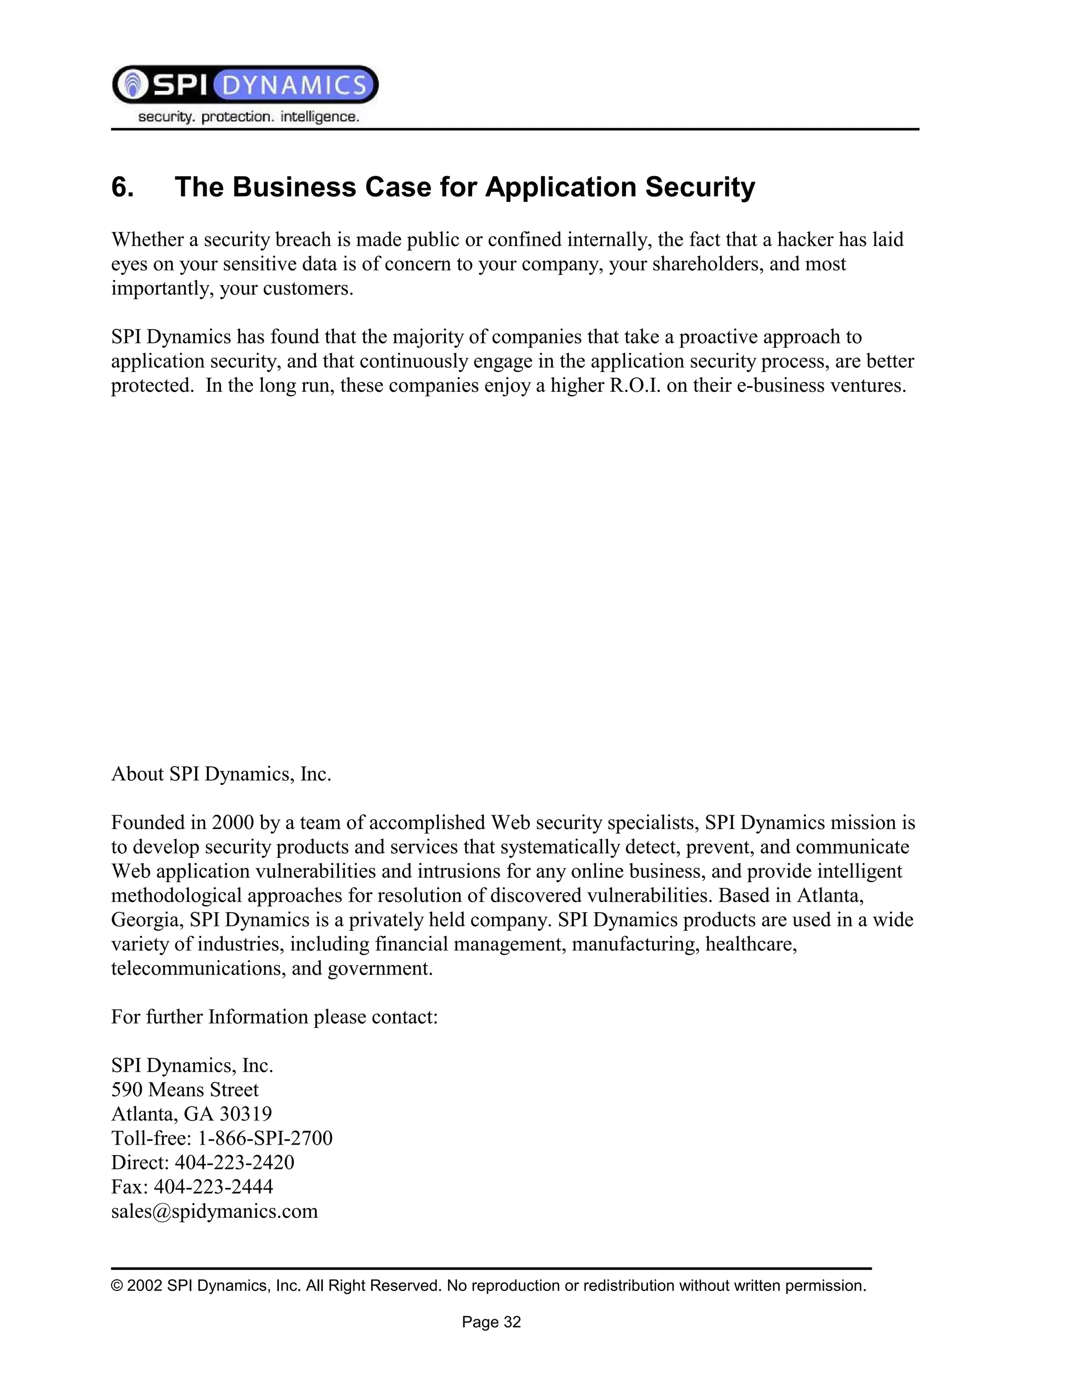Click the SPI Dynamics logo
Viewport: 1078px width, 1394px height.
tap(245, 84)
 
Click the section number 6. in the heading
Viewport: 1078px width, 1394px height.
tap(123, 187)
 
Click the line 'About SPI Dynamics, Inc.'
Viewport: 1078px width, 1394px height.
tap(221, 774)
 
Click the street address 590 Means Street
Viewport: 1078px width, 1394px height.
tap(185, 1089)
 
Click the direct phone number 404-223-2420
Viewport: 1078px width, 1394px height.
tap(234, 1163)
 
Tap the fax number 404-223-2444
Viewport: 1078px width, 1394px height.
tap(213, 1187)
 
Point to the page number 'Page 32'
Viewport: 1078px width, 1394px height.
tap(491, 1322)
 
